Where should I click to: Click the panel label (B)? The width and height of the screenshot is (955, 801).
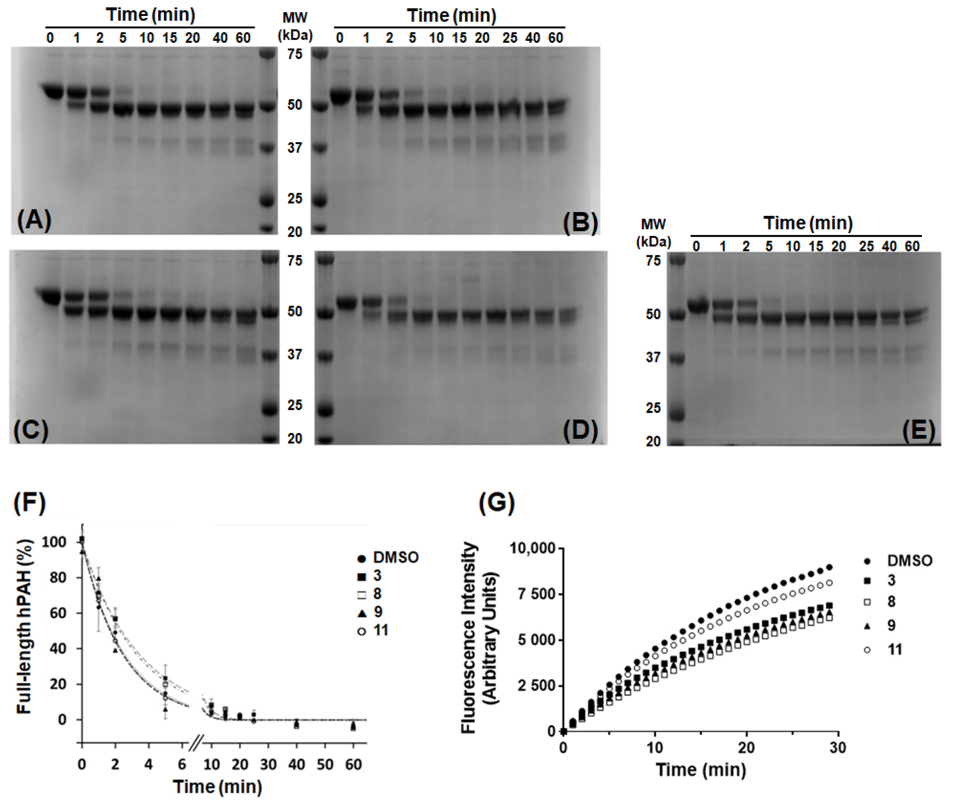580,222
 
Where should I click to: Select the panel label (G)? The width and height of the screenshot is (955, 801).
496,503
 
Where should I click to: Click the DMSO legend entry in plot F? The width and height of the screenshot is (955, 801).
388,557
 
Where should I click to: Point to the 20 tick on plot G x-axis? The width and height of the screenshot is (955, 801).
746,748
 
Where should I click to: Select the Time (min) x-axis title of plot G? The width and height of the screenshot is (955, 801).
700,769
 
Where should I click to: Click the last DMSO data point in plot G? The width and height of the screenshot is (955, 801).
829,567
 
